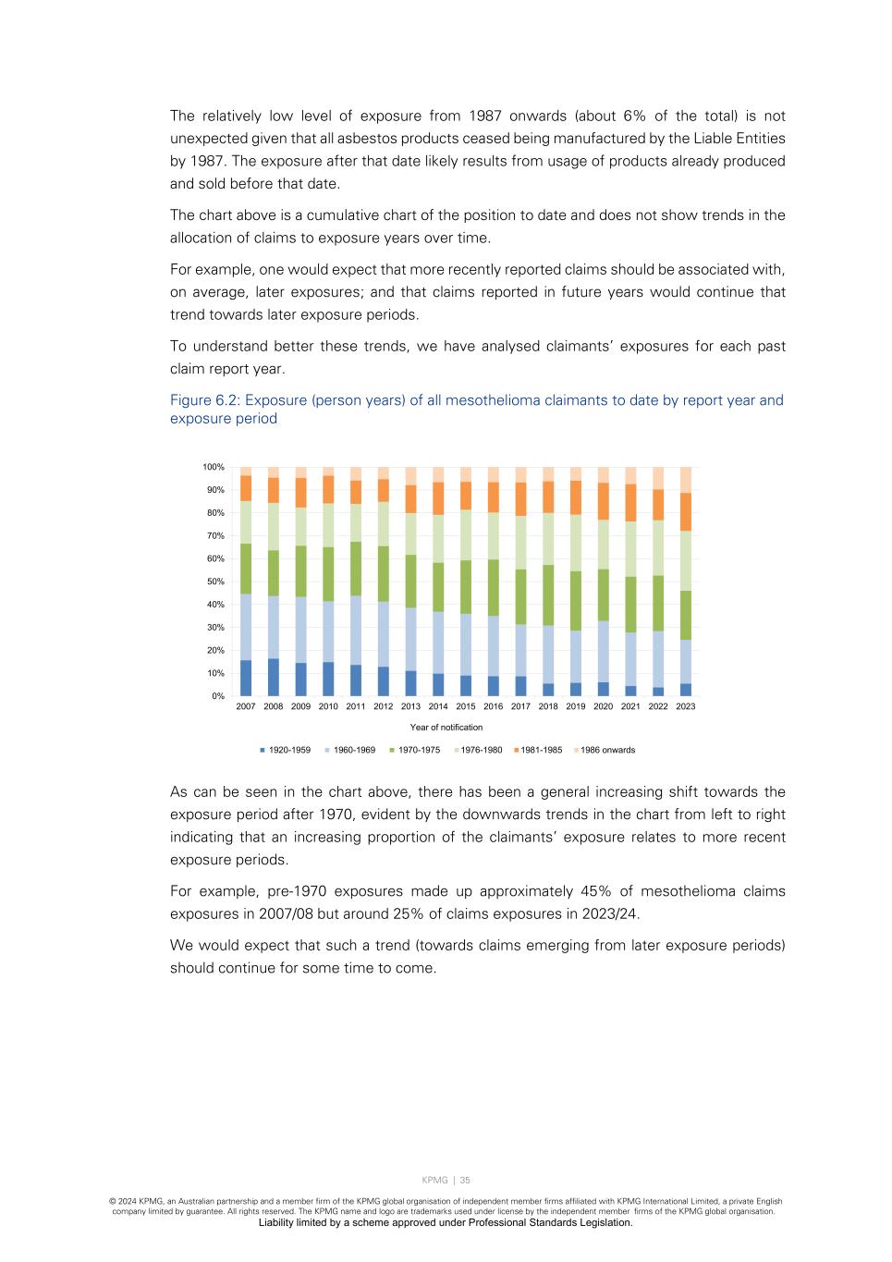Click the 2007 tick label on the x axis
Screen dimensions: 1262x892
[246, 706]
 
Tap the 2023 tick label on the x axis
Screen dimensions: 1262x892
[686, 706]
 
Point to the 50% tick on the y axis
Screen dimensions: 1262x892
[214, 582]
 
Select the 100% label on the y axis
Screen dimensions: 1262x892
[214, 467]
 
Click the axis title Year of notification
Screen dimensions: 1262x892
[446, 728]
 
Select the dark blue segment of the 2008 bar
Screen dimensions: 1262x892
[274, 677]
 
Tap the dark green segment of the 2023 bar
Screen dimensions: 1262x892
[686, 615]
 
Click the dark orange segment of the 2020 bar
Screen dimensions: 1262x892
[604, 501]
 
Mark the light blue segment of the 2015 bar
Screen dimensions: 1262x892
[466, 644]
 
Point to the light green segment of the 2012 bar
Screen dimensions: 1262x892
[384, 523]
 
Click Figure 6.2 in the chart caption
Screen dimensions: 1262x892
[203, 400]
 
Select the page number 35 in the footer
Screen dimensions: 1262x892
[465, 1180]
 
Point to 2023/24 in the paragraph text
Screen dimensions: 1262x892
[610, 913]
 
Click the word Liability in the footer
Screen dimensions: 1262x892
[277, 1222]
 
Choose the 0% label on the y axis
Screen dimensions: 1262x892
[217, 696]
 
